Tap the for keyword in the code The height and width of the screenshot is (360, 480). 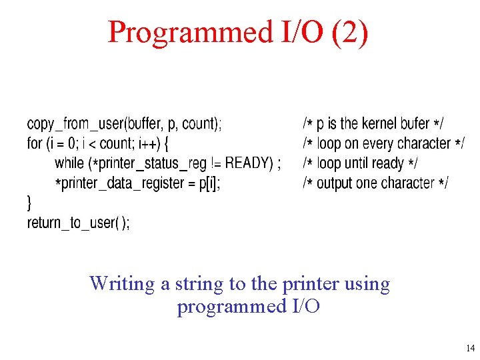(35, 143)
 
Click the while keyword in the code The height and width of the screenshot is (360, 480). (69, 163)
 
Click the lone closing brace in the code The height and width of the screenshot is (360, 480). (29, 202)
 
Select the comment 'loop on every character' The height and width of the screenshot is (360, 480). (384, 143)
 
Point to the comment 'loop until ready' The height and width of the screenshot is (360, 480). (361, 163)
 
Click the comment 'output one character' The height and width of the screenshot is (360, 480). (376, 183)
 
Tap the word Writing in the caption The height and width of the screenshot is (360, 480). (123, 284)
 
